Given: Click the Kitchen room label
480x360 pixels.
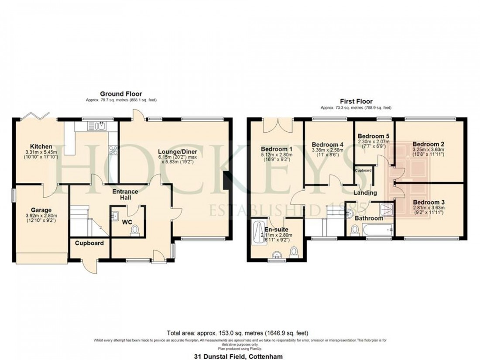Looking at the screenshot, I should [x=41, y=146].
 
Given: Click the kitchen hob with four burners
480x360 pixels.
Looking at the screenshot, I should [x=113, y=149].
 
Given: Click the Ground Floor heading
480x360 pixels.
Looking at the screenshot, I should [x=121, y=94].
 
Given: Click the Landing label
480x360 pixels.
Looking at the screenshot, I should [x=365, y=192].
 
